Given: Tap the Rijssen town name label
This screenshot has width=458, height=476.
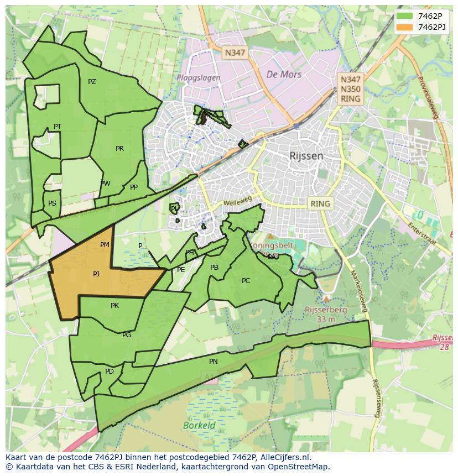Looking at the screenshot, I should click(306, 156).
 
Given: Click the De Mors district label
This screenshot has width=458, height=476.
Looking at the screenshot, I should click(283, 74).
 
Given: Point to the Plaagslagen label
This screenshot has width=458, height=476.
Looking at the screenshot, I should click(199, 78).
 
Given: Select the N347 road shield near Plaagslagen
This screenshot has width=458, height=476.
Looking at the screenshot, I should click(234, 53).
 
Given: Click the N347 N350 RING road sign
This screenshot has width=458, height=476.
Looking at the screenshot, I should click(350, 89).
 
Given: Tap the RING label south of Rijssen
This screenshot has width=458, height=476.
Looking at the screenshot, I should click(320, 203).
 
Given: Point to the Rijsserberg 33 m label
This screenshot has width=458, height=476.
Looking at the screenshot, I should click(326, 314).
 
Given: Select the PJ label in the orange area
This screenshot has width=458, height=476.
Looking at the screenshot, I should click(96, 274).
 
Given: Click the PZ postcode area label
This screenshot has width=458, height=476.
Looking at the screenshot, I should click(92, 82).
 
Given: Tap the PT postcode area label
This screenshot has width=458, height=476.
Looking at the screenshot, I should click(58, 127).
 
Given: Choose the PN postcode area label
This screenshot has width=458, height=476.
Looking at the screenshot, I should click(214, 362).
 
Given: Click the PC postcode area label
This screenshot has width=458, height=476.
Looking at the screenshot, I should click(246, 281).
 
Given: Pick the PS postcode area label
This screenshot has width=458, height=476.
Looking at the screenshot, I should click(52, 203).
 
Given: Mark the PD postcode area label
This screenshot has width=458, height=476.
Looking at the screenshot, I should click(110, 372).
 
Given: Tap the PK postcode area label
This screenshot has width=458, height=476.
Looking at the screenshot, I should click(114, 305).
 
